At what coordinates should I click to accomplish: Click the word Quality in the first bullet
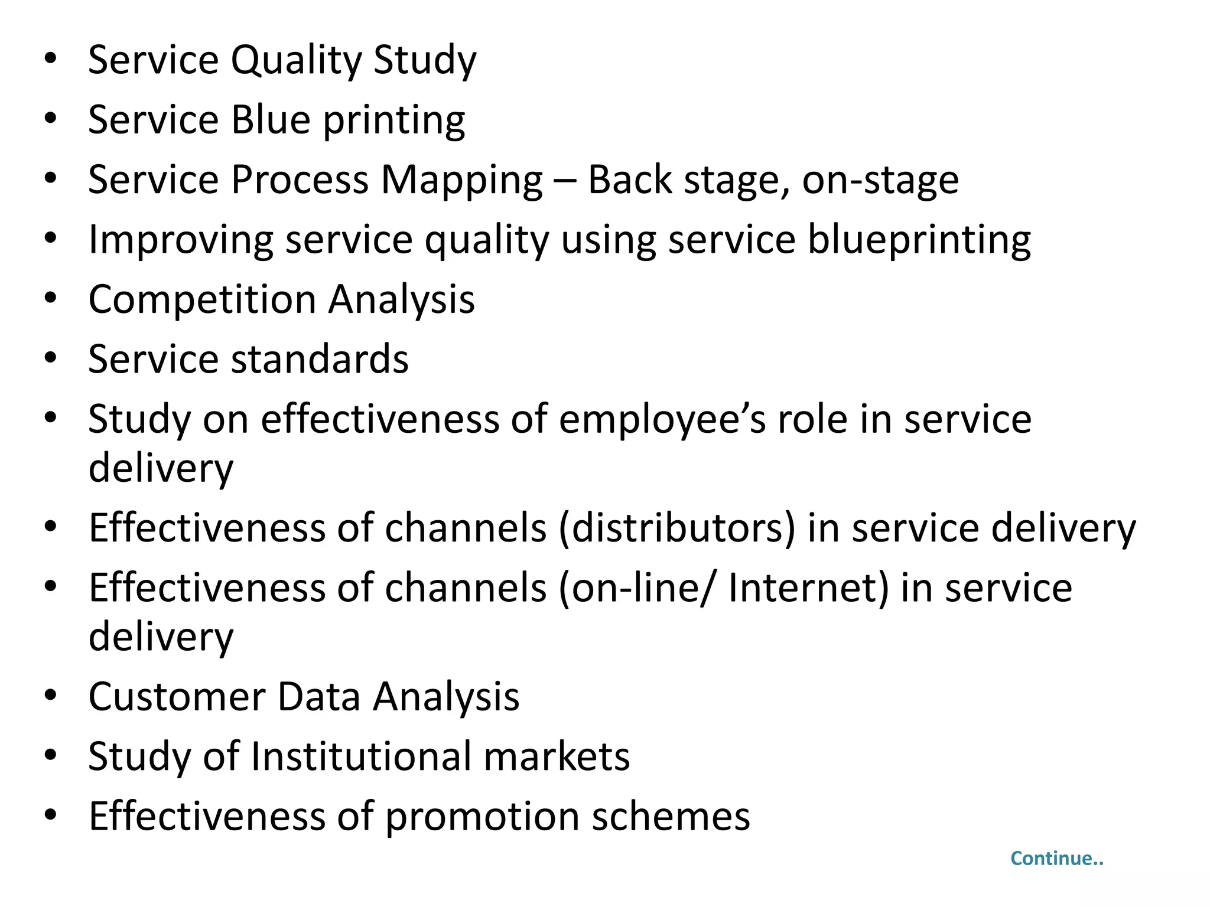pyautogui.click(x=295, y=61)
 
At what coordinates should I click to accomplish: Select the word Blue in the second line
pyautogui.click(x=271, y=120)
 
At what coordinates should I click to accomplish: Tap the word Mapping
pyautogui.click(x=461, y=180)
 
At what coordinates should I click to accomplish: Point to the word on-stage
pyautogui.click(x=880, y=180)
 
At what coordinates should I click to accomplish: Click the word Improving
pyautogui.click(x=180, y=240)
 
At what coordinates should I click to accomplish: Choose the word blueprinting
pyautogui.click(x=919, y=240)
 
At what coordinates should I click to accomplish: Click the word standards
pyautogui.click(x=319, y=360)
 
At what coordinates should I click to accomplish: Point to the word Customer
pyautogui.click(x=177, y=697)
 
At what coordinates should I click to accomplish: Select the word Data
pyautogui.click(x=318, y=697)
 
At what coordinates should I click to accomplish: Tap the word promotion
pyautogui.click(x=482, y=817)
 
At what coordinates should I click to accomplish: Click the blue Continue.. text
pyautogui.click(x=1056, y=859)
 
